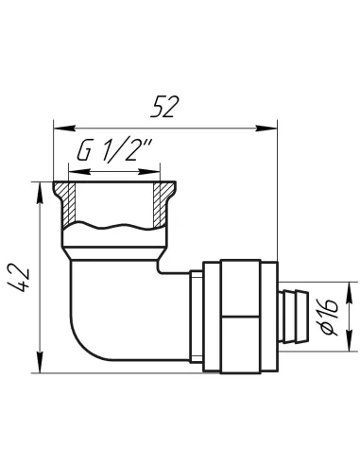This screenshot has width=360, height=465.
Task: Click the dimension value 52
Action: [x=164, y=107]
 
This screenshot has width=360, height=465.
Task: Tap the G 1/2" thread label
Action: [x=114, y=150]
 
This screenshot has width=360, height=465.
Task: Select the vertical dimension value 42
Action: [x=19, y=277]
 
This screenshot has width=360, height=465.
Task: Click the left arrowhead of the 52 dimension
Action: [x=64, y=128]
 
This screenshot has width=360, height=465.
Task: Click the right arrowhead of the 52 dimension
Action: [x=266, y=128]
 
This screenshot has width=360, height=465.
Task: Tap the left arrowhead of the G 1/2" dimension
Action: [x=79, y=172]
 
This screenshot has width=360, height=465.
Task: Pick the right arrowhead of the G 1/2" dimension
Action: [x=149, y=172]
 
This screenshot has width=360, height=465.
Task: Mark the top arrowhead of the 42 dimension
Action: [x=40, y=193]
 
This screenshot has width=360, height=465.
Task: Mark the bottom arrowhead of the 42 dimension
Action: [x=40, y=362]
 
